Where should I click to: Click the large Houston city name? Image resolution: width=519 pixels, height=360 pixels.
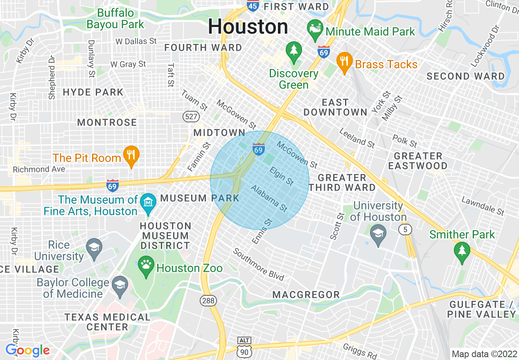[x=248, y=27]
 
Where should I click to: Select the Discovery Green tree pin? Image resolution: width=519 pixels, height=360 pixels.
[x=293, y=52]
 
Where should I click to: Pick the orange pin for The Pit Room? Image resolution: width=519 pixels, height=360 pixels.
[x=131, y=156]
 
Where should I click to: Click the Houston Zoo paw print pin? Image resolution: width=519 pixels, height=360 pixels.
[x=146, y=266]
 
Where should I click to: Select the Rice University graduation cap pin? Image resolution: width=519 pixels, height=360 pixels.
[x=94, y=248]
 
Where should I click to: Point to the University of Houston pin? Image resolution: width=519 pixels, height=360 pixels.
[x=378, y=235]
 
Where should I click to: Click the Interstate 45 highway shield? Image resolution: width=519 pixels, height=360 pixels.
[x=252, y=6]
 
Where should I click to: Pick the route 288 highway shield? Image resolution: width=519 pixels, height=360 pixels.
[x=208, y=301]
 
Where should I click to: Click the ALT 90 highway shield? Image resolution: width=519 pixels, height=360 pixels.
[x=244, y=347]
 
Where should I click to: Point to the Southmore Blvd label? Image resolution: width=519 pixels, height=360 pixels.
[x=258, y=265]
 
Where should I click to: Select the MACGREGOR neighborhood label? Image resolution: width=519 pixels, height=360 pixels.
[x=306, y=295]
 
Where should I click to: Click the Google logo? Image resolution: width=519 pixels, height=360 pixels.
[x=27, y=350]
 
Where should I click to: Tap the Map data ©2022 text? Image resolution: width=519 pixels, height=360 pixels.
[x=484, y=354]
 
